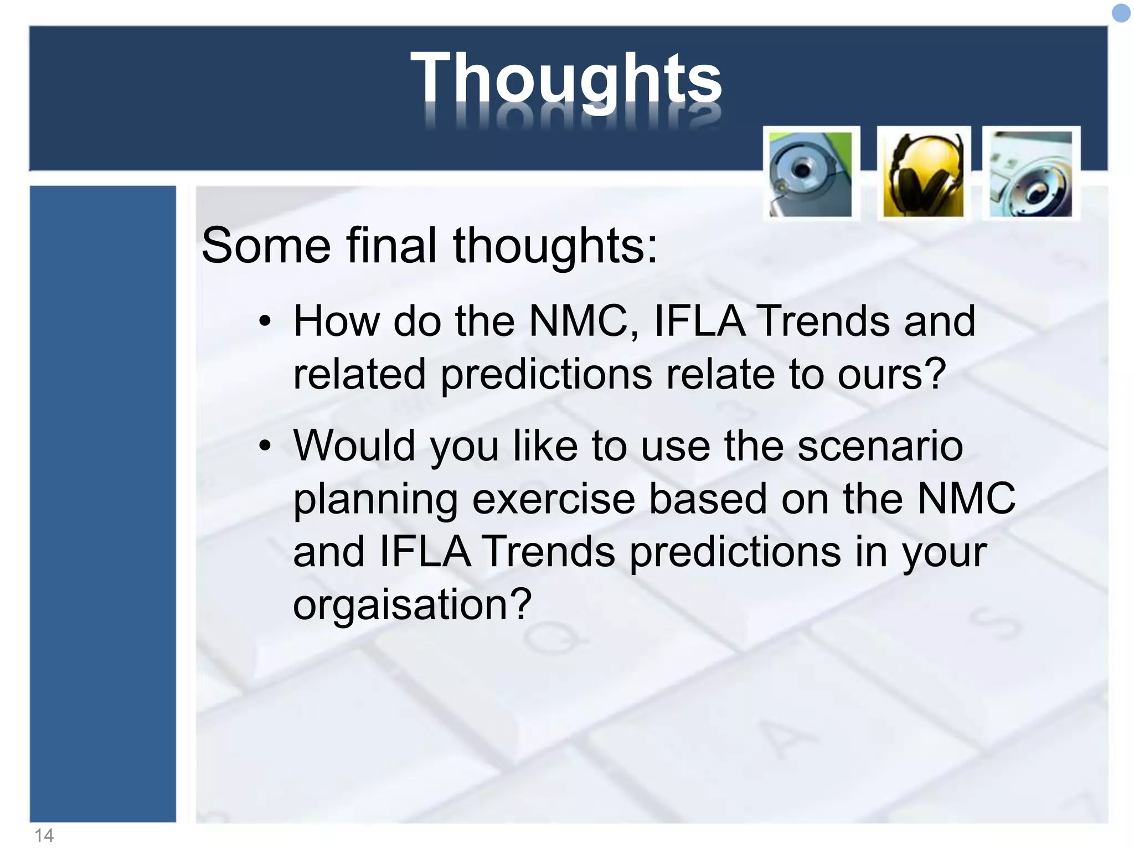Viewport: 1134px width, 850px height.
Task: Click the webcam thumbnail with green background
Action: pos(811,174)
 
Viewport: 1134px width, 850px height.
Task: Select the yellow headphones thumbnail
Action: pos(923,174)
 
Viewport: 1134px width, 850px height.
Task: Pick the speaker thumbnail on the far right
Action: pos(1030,174)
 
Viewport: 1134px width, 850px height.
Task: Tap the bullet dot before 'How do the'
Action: pos(266,322)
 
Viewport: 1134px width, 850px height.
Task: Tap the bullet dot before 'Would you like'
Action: pos(266,445)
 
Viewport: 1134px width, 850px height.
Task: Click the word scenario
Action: pos(880,446)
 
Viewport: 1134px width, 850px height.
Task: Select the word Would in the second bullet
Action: pos(354,445)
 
